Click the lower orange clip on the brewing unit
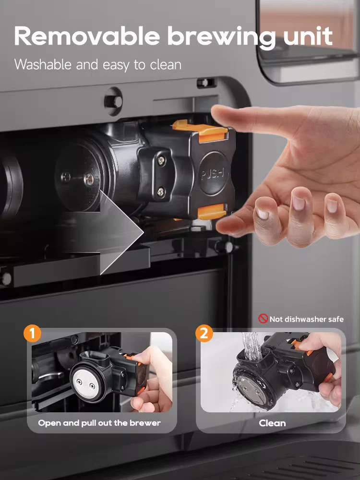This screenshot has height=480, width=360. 211,211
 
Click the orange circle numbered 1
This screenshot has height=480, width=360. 32,334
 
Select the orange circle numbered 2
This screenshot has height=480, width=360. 204,334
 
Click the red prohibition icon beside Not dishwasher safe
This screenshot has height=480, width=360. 263,319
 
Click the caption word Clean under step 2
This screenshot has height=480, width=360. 272,423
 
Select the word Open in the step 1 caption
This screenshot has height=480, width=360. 48,423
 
